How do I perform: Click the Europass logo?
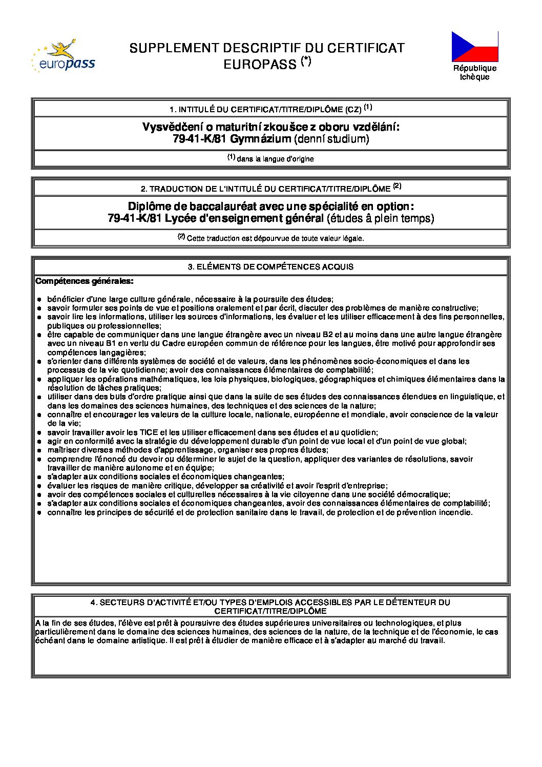[x=63, y=56]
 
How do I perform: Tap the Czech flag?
[x=475, y=47]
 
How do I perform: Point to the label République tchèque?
[x=475, y=72]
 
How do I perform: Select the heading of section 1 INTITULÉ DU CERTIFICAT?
[x=270, y=109]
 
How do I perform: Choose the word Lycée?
[x=191, y=218]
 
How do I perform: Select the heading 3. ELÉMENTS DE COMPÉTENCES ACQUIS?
[x=270, y=267]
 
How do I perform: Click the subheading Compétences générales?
[x=85, y=281]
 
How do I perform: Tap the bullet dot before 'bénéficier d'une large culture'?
[x=39, y=299]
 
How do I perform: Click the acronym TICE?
[x=149, y=432]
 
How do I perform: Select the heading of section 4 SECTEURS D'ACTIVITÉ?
[x=270, y=607]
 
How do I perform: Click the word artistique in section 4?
[x=148, y=640]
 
